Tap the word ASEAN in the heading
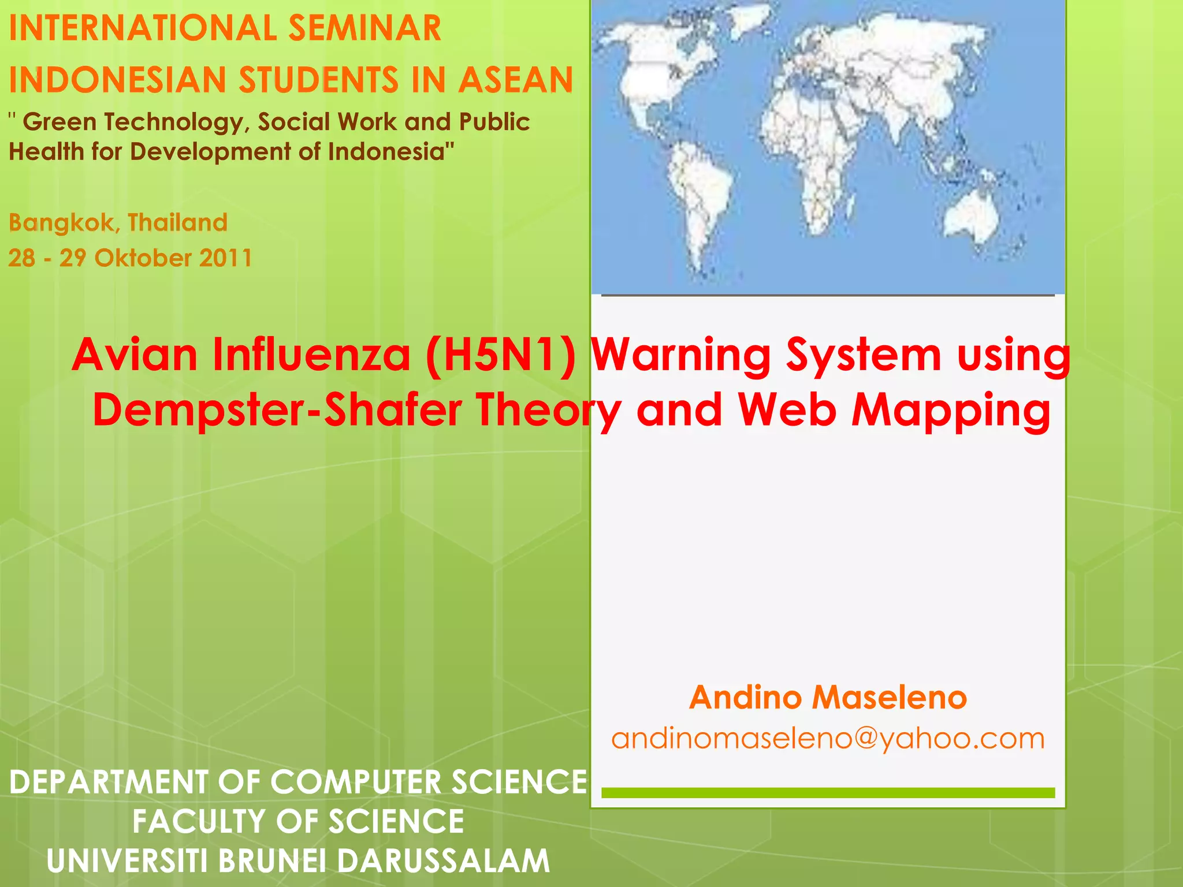pos(516,80)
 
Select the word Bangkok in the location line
pos(61,222)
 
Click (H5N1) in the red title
pos(500,355)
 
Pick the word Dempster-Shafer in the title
pos(277,409)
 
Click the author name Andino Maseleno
pos(828,698)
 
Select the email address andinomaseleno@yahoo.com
pos(828,739)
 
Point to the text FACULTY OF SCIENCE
pos(298,821)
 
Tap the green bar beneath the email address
pos(828,793)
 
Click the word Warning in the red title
pos(681,355)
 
